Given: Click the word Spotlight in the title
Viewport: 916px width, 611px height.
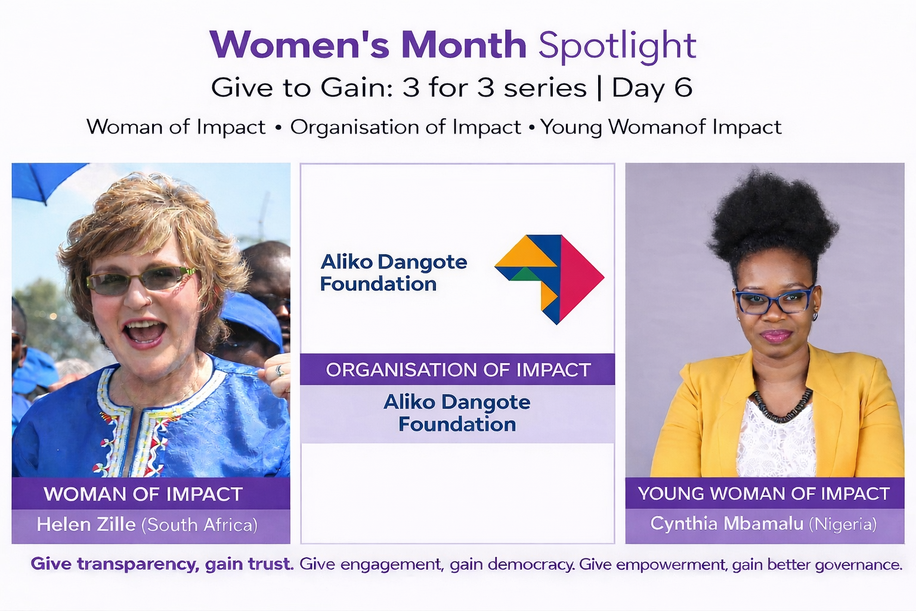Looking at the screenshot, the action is tap(617, 47).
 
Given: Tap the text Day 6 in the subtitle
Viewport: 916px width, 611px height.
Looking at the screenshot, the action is tap(652, 88).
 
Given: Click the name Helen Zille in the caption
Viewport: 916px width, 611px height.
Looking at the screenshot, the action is tap(86, 524).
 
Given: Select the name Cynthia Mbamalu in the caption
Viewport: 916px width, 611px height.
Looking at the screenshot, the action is tap(727, 524).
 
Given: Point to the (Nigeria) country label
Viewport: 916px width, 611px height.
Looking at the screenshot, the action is tap(843, 524).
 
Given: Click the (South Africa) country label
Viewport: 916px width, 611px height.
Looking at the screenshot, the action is tap(200, 525).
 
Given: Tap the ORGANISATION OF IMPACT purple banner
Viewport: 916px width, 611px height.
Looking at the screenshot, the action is tap(457, 369).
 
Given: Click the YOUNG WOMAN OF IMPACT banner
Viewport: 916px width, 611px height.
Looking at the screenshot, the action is tap(765, 493).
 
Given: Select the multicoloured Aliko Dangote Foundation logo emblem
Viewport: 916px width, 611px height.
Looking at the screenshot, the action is tap(549, 279).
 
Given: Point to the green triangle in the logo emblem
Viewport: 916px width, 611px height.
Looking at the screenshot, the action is tap(525, 274).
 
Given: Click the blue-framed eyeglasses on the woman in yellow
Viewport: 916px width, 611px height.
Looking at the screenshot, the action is tap(773, 301).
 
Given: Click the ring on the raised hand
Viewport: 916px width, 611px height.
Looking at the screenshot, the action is tap(279, 371).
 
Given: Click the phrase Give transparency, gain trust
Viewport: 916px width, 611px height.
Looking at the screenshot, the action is tap(162, 564).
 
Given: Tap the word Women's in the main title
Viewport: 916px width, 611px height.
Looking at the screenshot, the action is tap(299, 45).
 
